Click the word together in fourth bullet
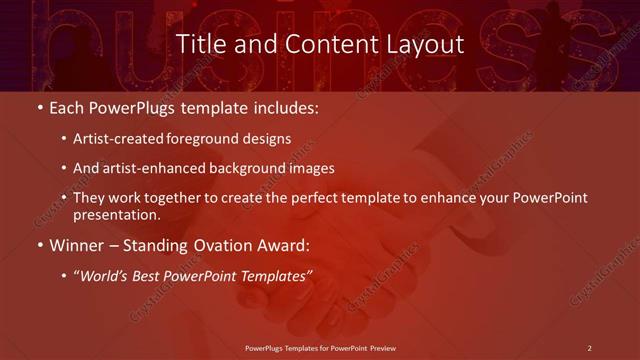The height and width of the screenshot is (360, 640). coord(175,198)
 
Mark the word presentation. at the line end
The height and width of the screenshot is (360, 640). coord(117,214)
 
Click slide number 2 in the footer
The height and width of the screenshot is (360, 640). coord(589,348)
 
